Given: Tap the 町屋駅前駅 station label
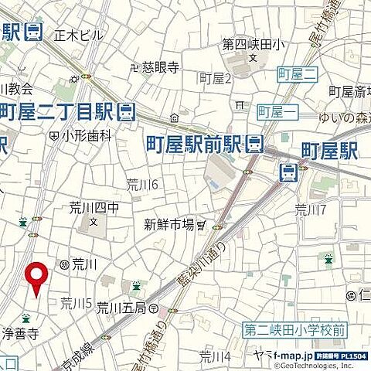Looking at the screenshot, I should [x=196, y=143].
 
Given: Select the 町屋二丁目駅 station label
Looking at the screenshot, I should [x=58, y=110].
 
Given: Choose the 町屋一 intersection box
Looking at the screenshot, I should [x=275, y=111].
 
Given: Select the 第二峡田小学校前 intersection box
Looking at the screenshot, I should [x=296, y=329].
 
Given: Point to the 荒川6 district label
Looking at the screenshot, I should [x=142, y=184].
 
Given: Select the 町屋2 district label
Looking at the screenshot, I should [x=216, y=77].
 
